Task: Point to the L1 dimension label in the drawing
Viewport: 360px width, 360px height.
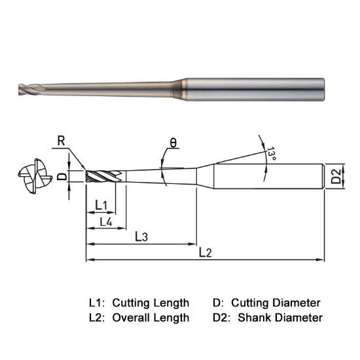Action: tap(101, 206)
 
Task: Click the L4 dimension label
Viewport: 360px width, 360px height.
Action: tap(105, 222)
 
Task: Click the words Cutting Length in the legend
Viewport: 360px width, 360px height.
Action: tap(151, 303)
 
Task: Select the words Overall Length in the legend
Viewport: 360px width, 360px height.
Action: tap(151, 318)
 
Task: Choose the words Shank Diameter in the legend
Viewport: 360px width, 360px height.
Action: tap(280, 318)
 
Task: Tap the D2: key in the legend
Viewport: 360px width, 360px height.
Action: tap(223, 318)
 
